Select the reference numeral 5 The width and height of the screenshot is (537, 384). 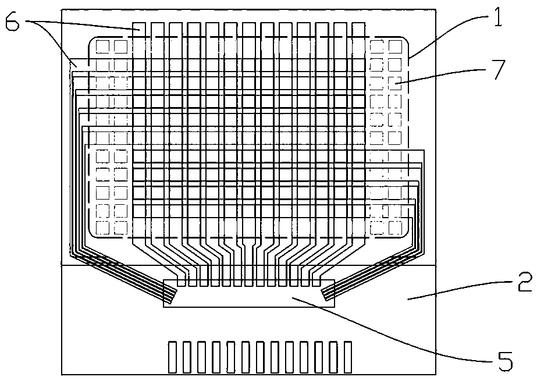click(x=504, y=361)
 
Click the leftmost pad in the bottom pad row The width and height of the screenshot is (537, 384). click(x=173, y=357)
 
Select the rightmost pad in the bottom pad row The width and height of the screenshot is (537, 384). click(x=348, y=357)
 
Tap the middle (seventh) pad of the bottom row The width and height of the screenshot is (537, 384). click(x=260, y=357)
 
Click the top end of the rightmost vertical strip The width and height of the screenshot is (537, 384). click(x=361, y=27)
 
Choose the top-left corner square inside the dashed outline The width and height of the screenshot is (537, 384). click(x=102, y=45)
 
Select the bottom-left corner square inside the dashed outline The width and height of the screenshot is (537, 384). click(x=102, y=227)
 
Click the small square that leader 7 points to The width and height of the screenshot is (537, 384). click(x=394, y=82)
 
